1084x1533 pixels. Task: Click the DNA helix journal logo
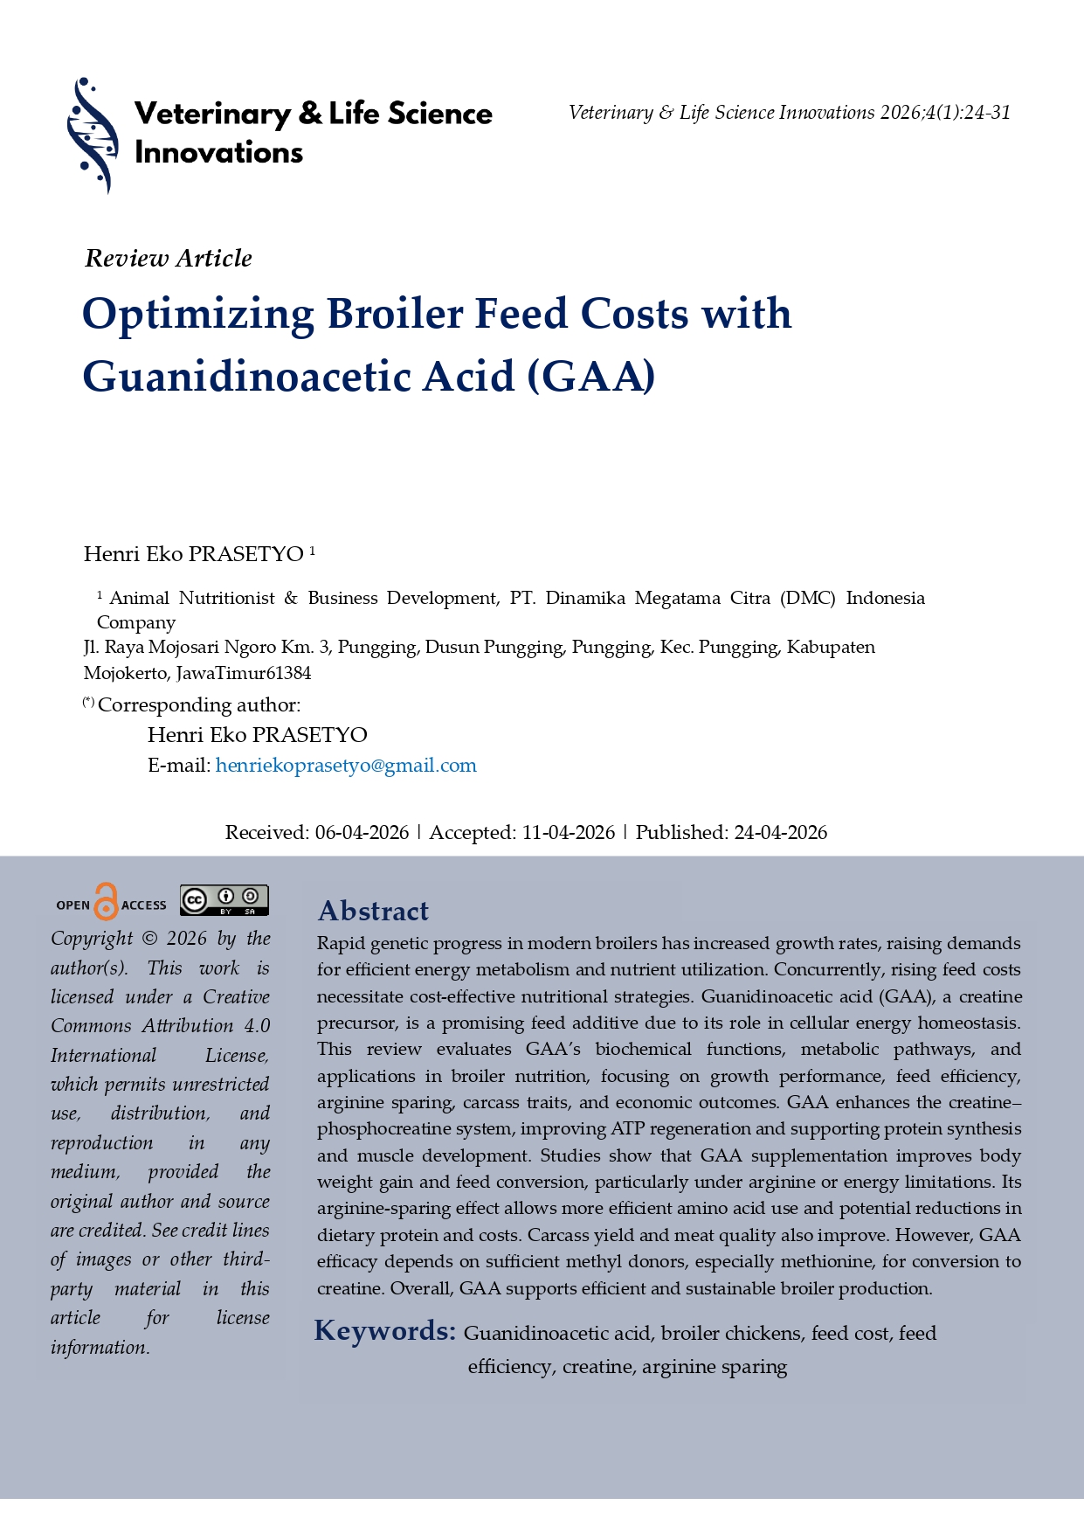92,135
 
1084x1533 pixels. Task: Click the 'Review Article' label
169,259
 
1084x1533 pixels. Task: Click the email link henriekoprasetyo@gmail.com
346,766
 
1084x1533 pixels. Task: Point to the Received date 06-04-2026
362,833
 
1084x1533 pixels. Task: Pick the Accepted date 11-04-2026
569,833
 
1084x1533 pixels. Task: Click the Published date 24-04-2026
780,833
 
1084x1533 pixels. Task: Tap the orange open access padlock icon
106,901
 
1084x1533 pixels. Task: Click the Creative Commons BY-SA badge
224,900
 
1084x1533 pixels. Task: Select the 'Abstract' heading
373,911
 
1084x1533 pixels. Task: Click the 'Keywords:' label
385,1331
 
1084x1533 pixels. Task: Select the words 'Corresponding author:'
199,705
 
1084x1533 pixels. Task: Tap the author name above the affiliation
194,554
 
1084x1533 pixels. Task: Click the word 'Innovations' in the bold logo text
218,153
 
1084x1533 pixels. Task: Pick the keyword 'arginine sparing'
715,1367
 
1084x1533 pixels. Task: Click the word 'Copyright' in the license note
92,939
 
